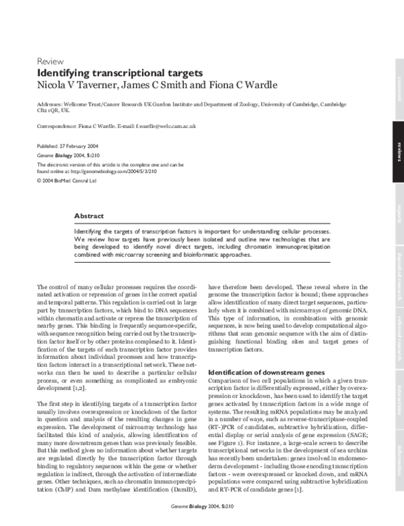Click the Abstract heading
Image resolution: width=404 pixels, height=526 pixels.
coord(89,216)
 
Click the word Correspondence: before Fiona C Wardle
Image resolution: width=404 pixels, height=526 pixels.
coord(57,126)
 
